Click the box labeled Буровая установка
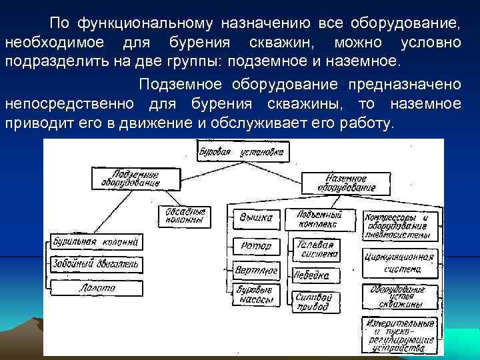click(x=242, y=152)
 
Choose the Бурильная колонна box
click(x=95, y=241)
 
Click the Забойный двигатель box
click(x=95, y=265)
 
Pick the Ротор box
click(x=255, y=246)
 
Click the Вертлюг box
click(x=255, y=271)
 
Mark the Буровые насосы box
click(x=255, y=295)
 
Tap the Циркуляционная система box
click(x=399, y=262)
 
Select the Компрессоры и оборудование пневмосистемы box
click(x=399, y=225)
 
